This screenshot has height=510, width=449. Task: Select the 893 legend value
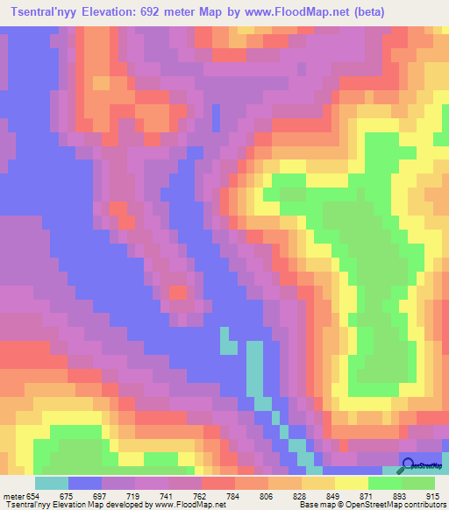[x=399, y=497]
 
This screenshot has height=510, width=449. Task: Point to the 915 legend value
[x=431, y=497]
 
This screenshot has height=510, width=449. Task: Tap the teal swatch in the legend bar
[x=51, y=483]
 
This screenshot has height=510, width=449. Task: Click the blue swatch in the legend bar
[x=85, y=483]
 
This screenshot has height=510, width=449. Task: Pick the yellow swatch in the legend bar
[x=351, y=483]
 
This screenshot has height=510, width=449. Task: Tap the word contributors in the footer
[x=424, y=506]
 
